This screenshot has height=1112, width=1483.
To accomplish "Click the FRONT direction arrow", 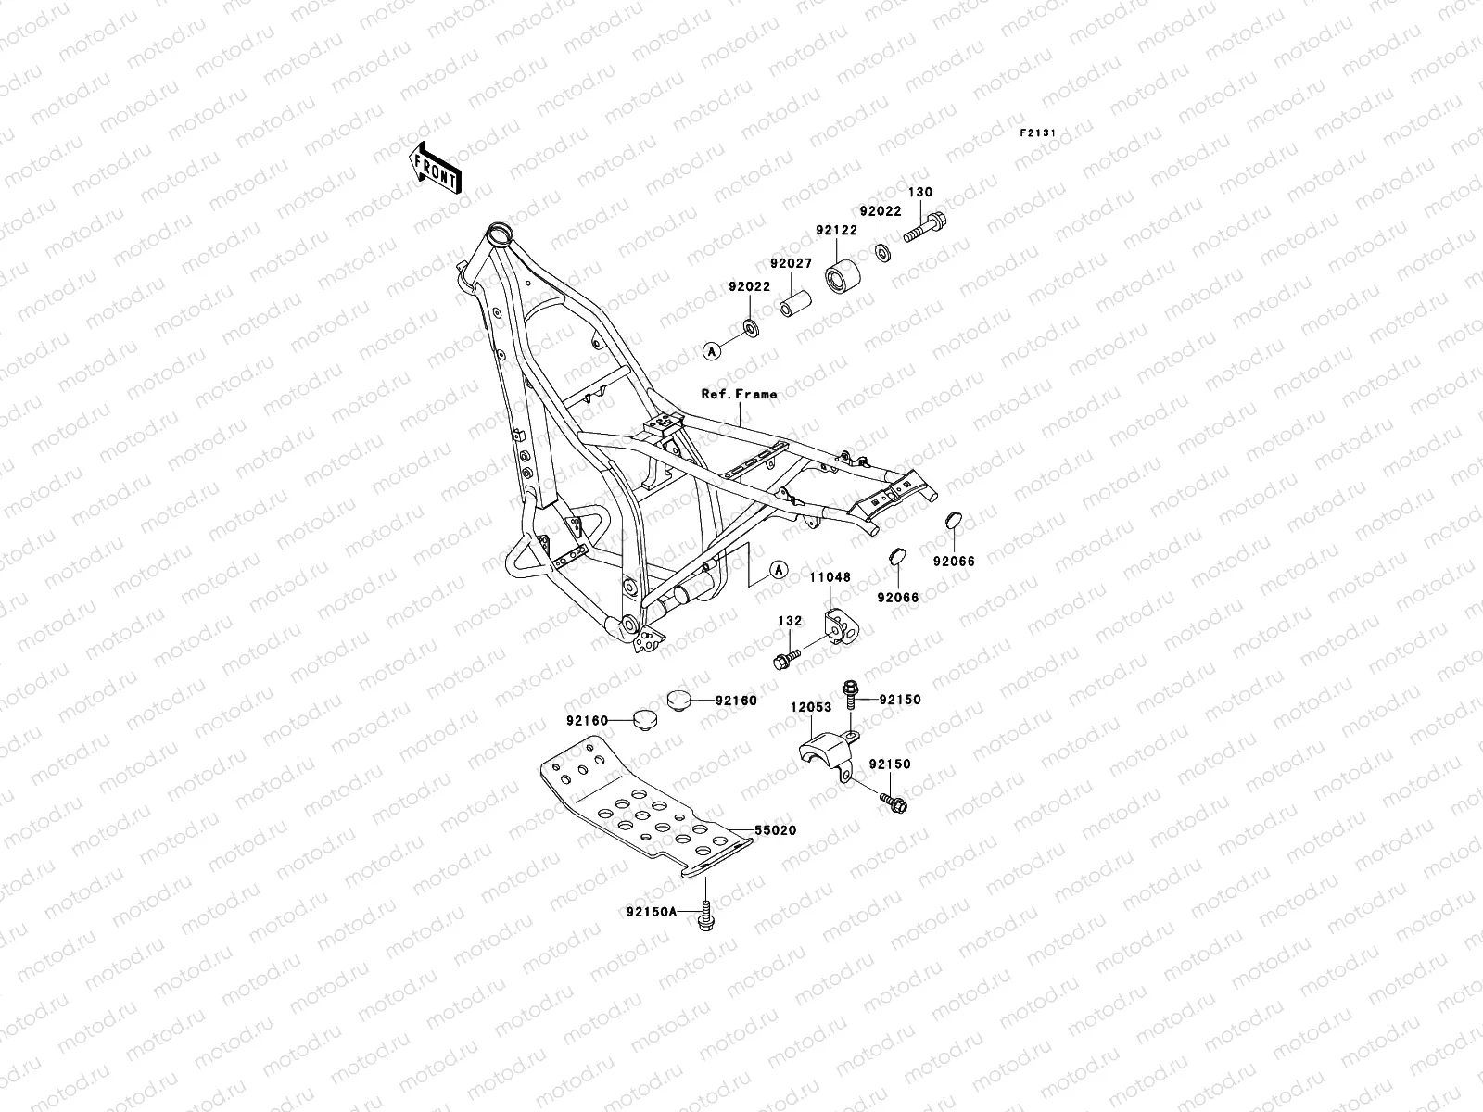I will click(x=450, y=167).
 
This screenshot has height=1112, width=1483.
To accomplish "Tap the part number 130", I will click(x=920, y=193).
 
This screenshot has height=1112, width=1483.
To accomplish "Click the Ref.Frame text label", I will click(x=739, y=394).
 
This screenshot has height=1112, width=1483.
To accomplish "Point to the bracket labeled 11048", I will click(x=841, y=625).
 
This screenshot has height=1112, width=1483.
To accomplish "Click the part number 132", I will click(x=789, y=621).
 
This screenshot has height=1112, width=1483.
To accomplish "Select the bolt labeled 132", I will click(x=787, y=660).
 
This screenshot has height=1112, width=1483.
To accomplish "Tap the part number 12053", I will click(x=809, y=706).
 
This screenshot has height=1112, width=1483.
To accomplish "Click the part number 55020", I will click(x=776, y=831).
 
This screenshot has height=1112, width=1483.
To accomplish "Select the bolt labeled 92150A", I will click(x=707, y=916).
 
